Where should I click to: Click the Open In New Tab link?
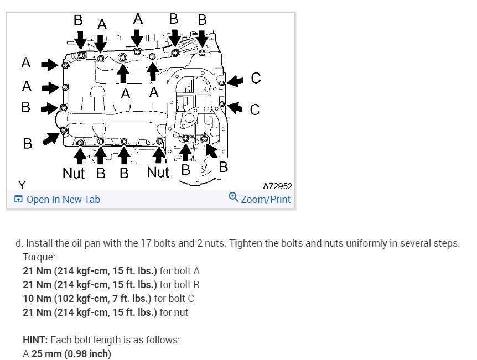click(x=63, y=200)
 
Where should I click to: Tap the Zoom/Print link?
click(x=266, y=200)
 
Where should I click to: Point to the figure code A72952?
click(x=278, y=186)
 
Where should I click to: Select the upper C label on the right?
click(x=255, y=79)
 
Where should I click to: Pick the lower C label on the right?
click(x=255, y=108)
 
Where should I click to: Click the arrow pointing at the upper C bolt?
click(x=236, y=81)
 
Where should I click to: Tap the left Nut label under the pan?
click(x=74, y=173)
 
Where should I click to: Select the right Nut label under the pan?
click(x=158, y=173)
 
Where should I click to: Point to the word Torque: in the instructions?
click(x=39, y=257)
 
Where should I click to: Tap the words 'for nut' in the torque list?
click(x=174, y=312)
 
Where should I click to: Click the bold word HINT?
click(x=35, y=340)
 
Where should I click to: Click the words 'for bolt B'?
click(x=179, y=285)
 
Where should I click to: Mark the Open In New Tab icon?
click(x=19, y=200)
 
